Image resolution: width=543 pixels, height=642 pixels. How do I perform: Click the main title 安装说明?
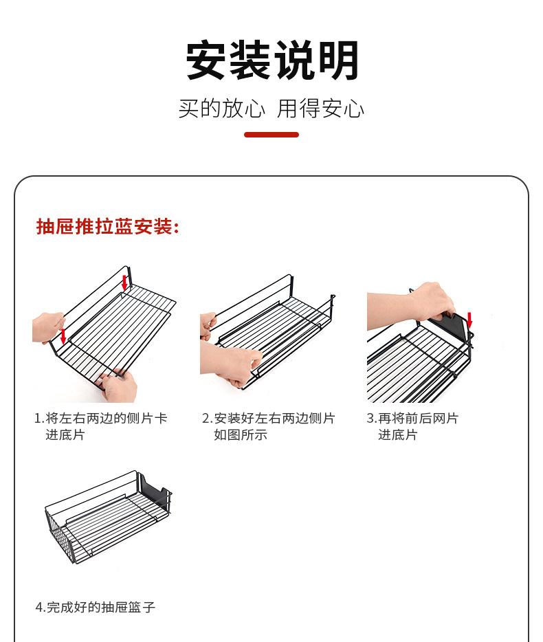[272, 60]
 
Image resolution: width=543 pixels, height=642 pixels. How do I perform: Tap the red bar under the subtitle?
[271, 135]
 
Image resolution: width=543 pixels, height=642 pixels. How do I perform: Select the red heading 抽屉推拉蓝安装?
[107, 226]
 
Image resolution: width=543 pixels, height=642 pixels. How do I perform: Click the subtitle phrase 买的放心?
[221, 109]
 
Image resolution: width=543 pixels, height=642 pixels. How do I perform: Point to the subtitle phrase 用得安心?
[320, 109]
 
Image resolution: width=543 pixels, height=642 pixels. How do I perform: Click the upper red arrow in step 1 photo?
[124, 283]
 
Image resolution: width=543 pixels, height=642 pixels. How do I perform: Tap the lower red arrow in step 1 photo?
[63, 335]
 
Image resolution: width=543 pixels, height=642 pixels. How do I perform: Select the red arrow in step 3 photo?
[469, 320]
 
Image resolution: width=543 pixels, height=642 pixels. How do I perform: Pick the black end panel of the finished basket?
[155, 489]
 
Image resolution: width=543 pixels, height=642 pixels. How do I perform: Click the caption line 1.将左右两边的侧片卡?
[101, 418]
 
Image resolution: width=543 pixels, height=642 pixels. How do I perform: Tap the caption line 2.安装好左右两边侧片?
[269, 418]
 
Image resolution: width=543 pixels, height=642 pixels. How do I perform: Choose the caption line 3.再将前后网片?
[412, 418]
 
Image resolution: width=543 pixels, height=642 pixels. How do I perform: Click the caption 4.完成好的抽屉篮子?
[96, 607]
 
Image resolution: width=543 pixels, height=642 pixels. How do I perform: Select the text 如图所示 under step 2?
[241, 434]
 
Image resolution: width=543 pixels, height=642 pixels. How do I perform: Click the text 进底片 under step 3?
[397, 434]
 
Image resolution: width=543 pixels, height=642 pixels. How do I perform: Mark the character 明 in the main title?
[338, 60]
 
